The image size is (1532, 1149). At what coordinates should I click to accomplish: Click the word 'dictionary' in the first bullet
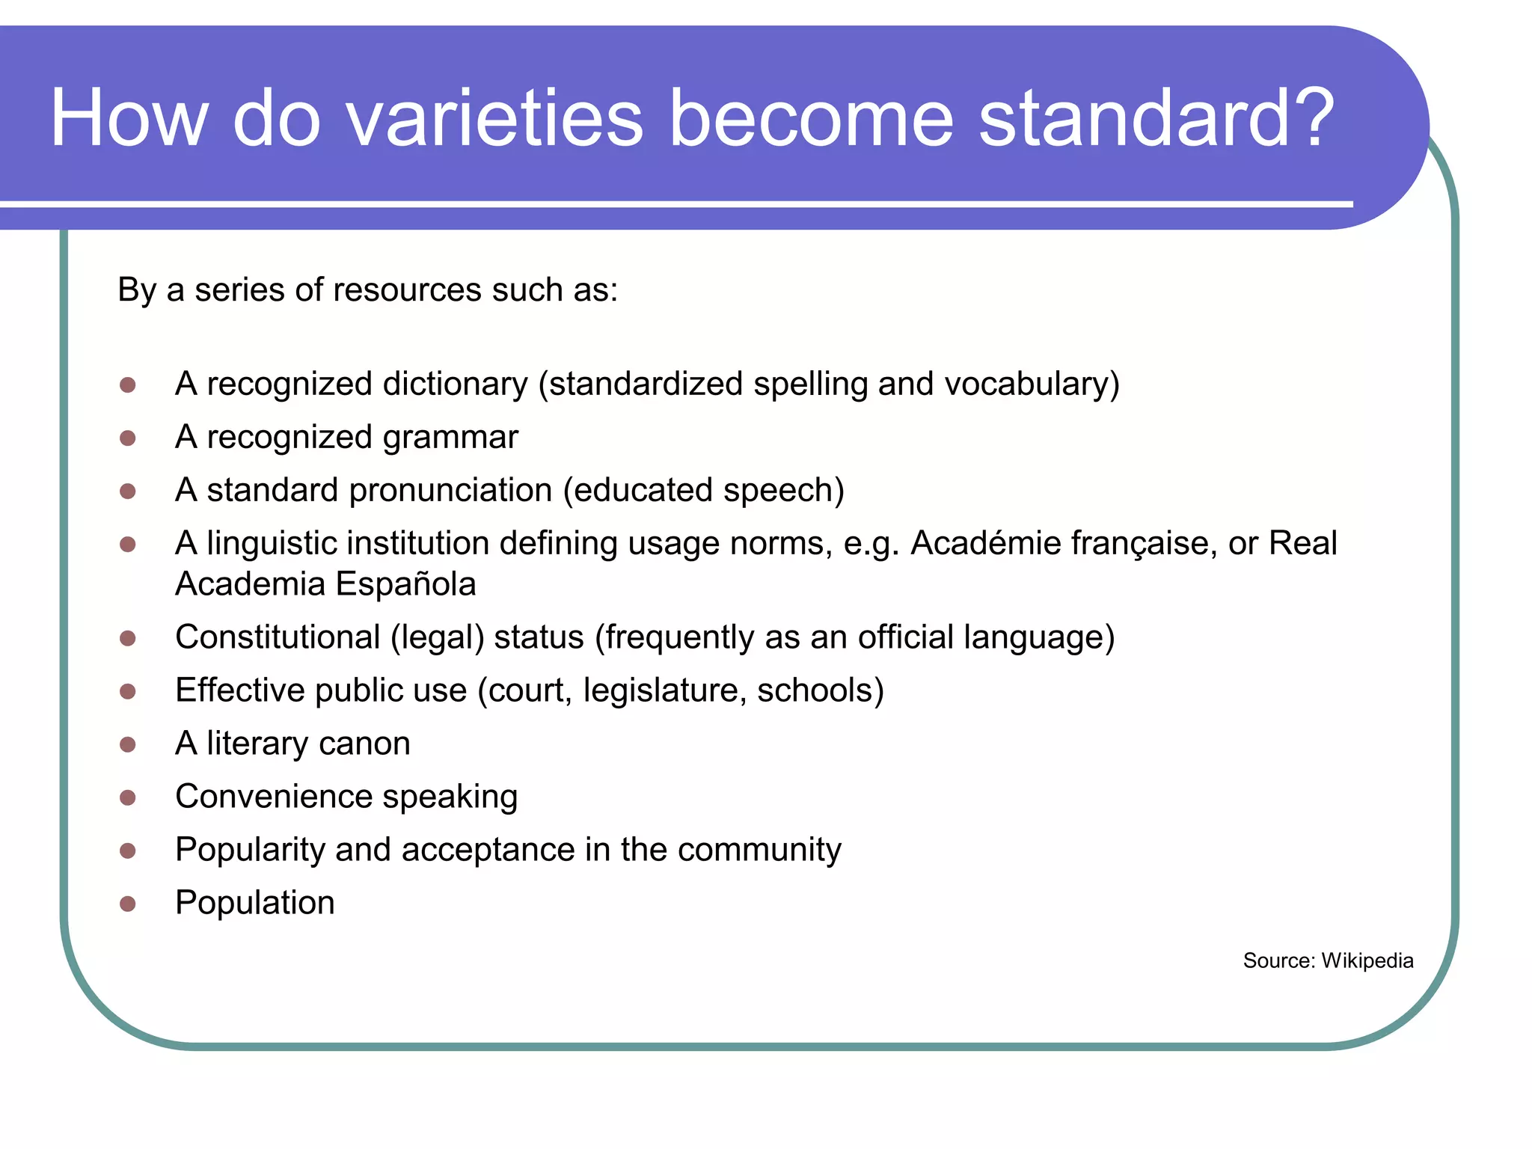[x=456, y=384]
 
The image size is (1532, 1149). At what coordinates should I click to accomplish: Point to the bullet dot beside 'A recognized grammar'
[x=128, y=438]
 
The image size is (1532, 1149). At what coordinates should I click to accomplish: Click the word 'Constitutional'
[x=278, y=637]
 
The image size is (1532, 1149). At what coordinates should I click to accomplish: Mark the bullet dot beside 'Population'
[x=128, y=904]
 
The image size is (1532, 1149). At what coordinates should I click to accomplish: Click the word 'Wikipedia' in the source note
[x=1367, y=960]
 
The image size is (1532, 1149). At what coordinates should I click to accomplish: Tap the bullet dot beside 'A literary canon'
[x=128, y=744]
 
